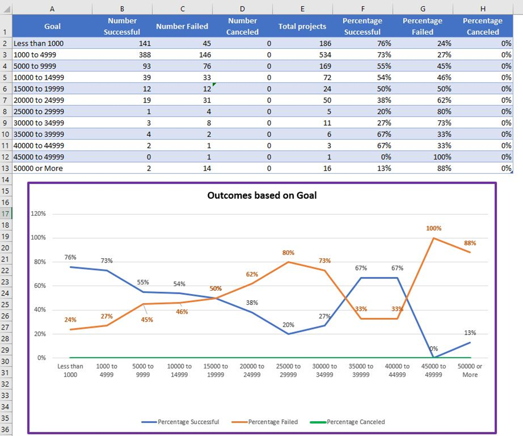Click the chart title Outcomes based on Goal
(x=262, y=195)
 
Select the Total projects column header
(x=302, y=26)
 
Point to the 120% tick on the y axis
(x=38, y=214)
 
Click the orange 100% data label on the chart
(x=433, y=229)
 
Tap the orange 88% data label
(x=470, y=243)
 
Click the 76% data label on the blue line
(x=70, y=257)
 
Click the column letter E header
(x=302, y=9)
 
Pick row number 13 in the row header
(x=5, y=168)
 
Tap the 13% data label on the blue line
(x=470, y=333)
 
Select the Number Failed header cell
(x=182, y=26)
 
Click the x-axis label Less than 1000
(x=70, y=370)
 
